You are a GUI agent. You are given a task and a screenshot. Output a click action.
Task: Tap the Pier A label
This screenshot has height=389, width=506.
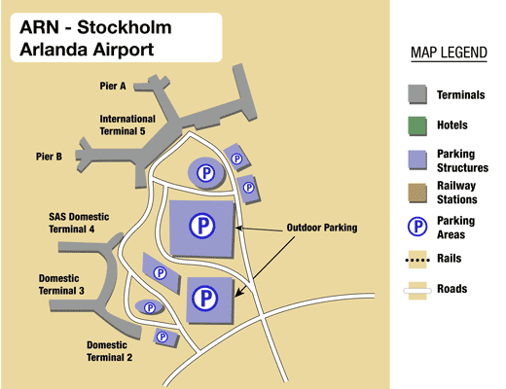point(113,86)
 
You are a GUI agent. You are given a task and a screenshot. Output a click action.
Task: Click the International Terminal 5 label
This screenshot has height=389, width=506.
point(136,124)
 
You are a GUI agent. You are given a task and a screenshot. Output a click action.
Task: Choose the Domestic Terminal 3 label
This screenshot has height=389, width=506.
point(61,284)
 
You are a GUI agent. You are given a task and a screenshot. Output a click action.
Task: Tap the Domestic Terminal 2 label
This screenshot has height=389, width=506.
point(110,351)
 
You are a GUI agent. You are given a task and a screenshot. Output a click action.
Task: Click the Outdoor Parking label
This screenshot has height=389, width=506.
point(321,228)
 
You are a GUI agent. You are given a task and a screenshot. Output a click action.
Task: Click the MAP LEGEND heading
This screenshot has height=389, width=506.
point(449,53)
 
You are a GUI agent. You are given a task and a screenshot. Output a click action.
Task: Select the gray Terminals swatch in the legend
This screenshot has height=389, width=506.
point(416,94)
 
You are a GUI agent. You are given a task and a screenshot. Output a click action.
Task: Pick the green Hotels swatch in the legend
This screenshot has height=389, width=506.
point(416,125)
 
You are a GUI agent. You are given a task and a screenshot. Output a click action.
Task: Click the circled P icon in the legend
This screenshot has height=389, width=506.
point(416,227)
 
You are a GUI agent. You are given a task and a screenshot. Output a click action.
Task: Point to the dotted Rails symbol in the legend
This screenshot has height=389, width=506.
point(416,259)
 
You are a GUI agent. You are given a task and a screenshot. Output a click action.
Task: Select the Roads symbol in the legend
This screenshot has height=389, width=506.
point(416,289)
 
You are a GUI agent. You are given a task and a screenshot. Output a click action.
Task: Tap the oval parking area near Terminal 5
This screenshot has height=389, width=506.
point(205,173)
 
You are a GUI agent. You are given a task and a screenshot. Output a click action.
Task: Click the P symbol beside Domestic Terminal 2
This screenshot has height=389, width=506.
point(161,337)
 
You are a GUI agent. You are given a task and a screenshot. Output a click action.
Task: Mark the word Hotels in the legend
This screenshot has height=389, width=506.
point(452,125)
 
